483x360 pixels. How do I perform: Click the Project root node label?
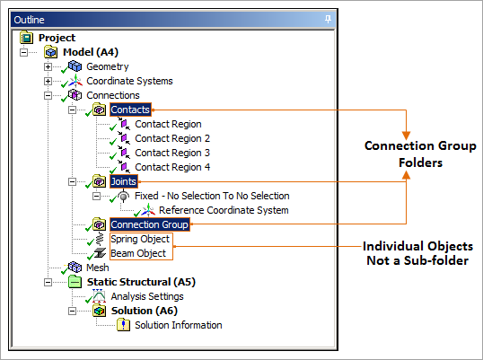57,38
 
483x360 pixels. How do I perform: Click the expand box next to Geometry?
47,66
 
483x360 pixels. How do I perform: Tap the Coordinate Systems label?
129,81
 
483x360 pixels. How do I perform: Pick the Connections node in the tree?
112,95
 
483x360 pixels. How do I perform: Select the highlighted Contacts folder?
130,110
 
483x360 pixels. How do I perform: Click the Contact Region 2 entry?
172,138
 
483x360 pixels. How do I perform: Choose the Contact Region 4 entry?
172,167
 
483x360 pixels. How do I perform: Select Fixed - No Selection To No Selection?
213,196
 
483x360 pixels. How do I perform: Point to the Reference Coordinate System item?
224,210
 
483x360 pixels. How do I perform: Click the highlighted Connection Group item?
149,224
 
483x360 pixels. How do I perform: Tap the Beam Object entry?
138,253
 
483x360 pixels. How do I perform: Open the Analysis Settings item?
147,296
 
